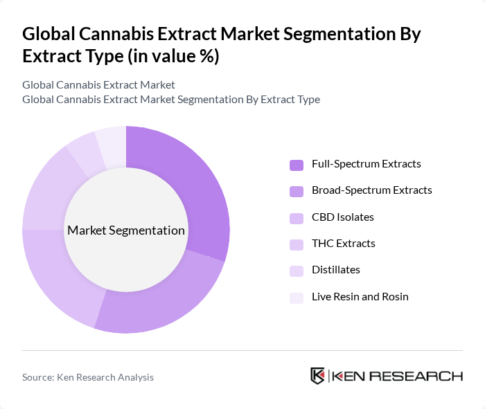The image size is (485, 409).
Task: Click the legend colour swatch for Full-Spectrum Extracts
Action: coord(297,165)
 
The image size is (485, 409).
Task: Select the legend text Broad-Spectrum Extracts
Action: coord(371,190)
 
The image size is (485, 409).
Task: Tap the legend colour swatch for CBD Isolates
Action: coord(297,218)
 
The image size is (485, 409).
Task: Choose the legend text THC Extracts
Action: coord(343,244)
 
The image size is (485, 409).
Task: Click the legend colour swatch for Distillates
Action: coord(297,271)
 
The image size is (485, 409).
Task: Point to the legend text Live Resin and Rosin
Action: coord(360,297)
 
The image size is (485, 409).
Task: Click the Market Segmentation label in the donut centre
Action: coord(126,230)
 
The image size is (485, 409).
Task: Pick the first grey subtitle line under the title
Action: coord(98,85)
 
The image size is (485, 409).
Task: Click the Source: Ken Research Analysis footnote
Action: coord(88,377)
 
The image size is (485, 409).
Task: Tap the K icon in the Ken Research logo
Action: coord(317,376)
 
